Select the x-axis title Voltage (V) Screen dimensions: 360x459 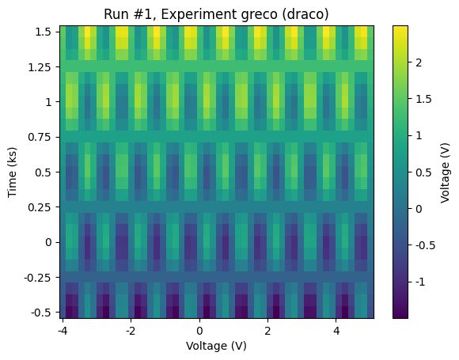coord(215,346)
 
